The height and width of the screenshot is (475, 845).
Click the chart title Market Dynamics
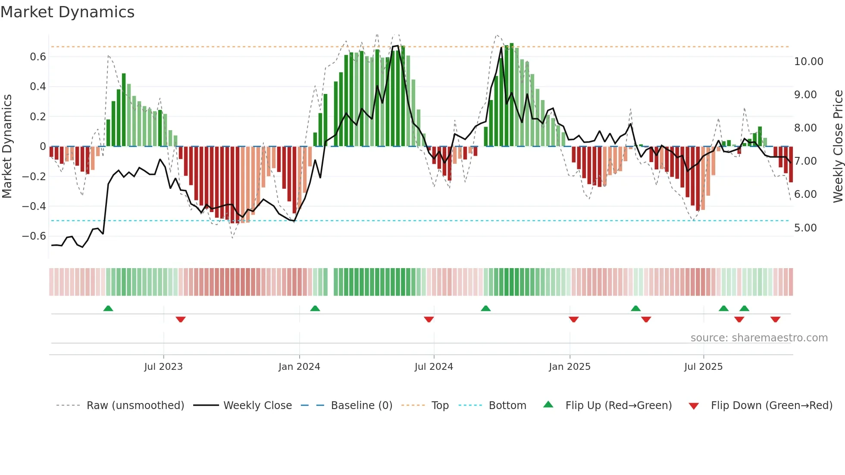point(68,12)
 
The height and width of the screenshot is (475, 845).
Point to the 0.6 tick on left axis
point(38,57)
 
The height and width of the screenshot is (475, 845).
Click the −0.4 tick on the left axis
point(34,206)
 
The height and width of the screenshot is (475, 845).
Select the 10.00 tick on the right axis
point(808,62)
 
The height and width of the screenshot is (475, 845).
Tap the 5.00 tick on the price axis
point(805,228)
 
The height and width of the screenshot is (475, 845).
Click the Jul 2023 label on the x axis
point(163,367)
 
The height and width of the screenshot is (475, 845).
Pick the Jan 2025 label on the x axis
point(570,367)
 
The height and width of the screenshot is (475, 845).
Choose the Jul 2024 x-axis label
point(434,367)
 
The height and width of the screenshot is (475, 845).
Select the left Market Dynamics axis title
point(7,147)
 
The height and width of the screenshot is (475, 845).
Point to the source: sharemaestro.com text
point(759,338)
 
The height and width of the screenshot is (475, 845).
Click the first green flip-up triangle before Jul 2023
point(108,309)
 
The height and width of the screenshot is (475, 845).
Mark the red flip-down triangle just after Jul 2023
point(181,319)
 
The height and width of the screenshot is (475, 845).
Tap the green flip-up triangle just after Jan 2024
point(315,309)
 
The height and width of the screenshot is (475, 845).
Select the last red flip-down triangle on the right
point(775,319)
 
